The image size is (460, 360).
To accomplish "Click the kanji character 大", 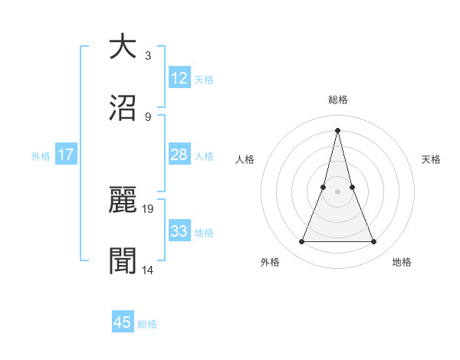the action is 123,47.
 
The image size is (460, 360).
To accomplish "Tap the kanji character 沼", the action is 123,108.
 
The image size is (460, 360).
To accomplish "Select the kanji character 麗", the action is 123,201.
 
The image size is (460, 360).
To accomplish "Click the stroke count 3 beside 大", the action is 147,55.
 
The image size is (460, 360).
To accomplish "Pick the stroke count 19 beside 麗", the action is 149,208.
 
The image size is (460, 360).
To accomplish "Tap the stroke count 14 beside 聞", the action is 149,270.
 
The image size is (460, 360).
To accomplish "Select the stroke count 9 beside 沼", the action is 147,116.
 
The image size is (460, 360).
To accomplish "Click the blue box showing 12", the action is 179,78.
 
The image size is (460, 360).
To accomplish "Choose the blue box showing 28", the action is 179,155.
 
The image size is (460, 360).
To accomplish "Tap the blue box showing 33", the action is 179,231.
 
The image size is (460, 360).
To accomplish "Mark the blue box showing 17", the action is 66,155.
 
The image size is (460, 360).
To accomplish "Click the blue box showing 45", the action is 123,322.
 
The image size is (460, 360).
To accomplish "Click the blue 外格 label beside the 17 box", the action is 41,155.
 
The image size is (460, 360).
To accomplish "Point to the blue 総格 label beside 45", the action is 147,324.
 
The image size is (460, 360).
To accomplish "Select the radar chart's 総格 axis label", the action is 337,100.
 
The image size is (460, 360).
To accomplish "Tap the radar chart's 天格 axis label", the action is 432,159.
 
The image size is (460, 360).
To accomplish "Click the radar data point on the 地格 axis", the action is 374,242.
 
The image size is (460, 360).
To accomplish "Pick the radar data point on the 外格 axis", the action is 301,242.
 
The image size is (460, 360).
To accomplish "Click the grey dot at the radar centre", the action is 337,191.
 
